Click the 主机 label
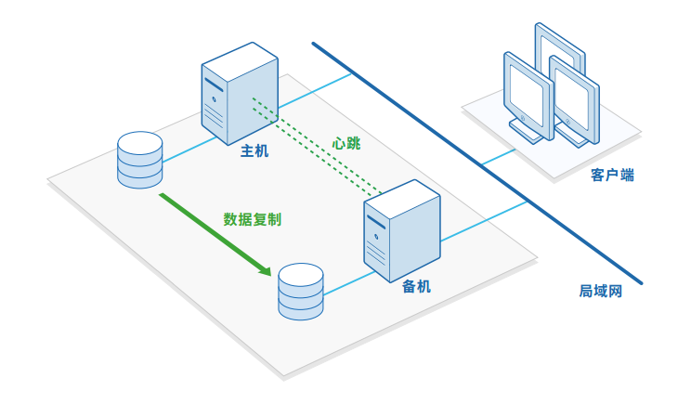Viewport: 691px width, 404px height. click(254, 151)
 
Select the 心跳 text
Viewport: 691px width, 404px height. click(346, 144)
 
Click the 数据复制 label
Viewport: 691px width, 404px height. click(253, 220)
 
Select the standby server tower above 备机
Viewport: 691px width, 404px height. click(400, 228)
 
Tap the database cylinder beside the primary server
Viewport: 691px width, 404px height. click(140, 159)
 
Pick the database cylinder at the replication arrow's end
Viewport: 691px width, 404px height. click(301, 291)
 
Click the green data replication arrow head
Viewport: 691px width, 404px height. click(264, 270)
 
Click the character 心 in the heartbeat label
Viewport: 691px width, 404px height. click(339, 144)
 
